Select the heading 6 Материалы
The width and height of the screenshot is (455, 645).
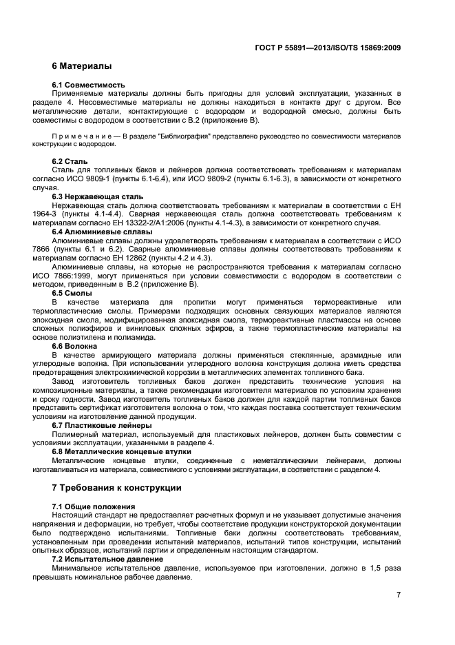click(82, 67)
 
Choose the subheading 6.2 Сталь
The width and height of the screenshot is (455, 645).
click(70, 161)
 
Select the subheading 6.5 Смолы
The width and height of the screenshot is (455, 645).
click(72, 293)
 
